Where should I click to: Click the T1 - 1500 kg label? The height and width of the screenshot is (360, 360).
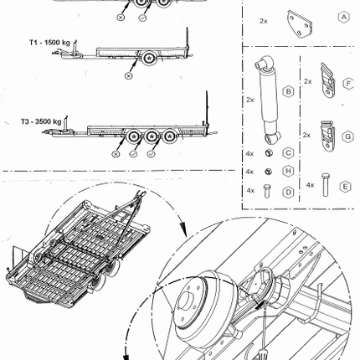[49, 43]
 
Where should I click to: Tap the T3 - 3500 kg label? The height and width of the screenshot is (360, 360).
[41, 121]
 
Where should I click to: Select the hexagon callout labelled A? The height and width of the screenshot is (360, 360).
[344, 18]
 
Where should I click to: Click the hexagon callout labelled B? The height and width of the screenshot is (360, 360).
[288, 91]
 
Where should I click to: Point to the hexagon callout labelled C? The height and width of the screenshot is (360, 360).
[288, 153]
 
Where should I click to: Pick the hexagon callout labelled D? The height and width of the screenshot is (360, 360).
[288, 192]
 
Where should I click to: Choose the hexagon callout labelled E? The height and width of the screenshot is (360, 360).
[345, 187]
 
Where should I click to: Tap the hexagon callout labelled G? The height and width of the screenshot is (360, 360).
[347, 136]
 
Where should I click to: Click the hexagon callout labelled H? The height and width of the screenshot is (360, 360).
[288, 171]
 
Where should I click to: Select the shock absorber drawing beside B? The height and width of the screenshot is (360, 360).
[268, 99]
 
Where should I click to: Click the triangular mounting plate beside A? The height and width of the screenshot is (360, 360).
[299, 23]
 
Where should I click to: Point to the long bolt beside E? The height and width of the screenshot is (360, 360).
[325, 185]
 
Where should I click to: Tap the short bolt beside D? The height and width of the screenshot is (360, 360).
[267, 191]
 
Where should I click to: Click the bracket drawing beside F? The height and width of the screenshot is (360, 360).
[327, 80]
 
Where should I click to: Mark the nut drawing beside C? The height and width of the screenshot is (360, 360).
[269, 152]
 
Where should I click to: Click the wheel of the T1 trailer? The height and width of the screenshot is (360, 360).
[149, 59]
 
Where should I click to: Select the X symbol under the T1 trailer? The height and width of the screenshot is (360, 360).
[128, 75]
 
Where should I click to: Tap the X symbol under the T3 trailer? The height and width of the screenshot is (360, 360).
[116, 154]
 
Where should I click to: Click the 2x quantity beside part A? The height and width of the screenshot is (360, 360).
[264, 21]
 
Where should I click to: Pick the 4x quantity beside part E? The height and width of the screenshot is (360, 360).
[310, 185]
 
